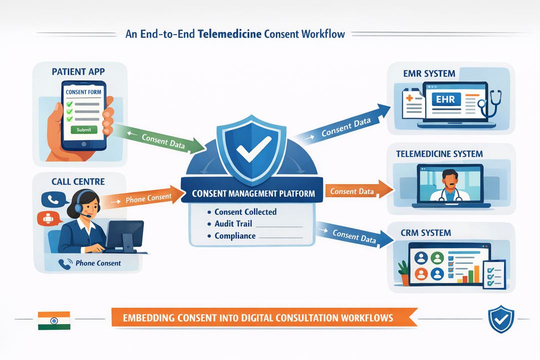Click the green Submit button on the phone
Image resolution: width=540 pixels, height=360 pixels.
point(84,129)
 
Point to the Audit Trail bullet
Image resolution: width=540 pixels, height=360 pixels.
point(233,223)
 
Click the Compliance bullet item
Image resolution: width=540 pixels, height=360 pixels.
point(235,235)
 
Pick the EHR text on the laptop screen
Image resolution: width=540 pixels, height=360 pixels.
point(445,99)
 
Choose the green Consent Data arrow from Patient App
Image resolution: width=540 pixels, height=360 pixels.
point(160,140)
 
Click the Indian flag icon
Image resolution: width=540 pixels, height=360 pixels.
point(54,320)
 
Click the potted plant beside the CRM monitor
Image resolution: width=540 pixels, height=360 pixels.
point(403,272)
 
